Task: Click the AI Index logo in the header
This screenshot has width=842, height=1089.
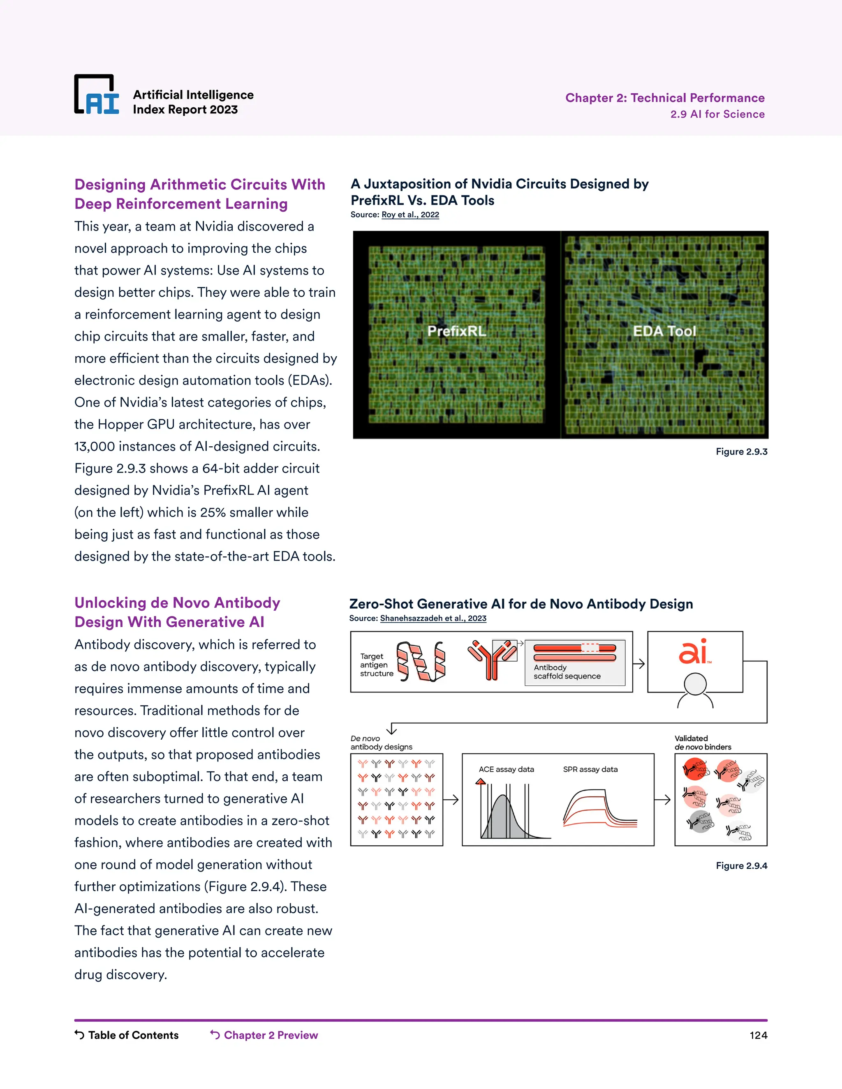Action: tap(97, 95)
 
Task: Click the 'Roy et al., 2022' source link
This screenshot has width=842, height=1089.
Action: tap(410, 215)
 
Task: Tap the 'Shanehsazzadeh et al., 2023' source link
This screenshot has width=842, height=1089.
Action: tap(433, 618)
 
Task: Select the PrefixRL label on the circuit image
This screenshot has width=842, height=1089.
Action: tap(456, 331)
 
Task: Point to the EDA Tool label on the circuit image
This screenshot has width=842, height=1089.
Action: tap(664, 331)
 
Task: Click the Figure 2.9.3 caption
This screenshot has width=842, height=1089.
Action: tap(741, 452)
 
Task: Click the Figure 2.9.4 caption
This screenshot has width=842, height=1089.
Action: tap(741, 865)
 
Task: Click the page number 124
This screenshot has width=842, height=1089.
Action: tap(758, 1036)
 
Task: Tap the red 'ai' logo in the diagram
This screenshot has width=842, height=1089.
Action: tap(694, 652)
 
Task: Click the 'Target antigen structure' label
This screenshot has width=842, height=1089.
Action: tap(376, 664)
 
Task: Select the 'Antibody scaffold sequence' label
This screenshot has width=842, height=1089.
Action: tap(567, 671)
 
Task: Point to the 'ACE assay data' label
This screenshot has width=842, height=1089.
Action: tap(506, 769)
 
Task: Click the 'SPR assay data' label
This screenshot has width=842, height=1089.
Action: tap(590, 769)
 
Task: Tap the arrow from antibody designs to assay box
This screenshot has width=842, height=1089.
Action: tap(451, 800)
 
